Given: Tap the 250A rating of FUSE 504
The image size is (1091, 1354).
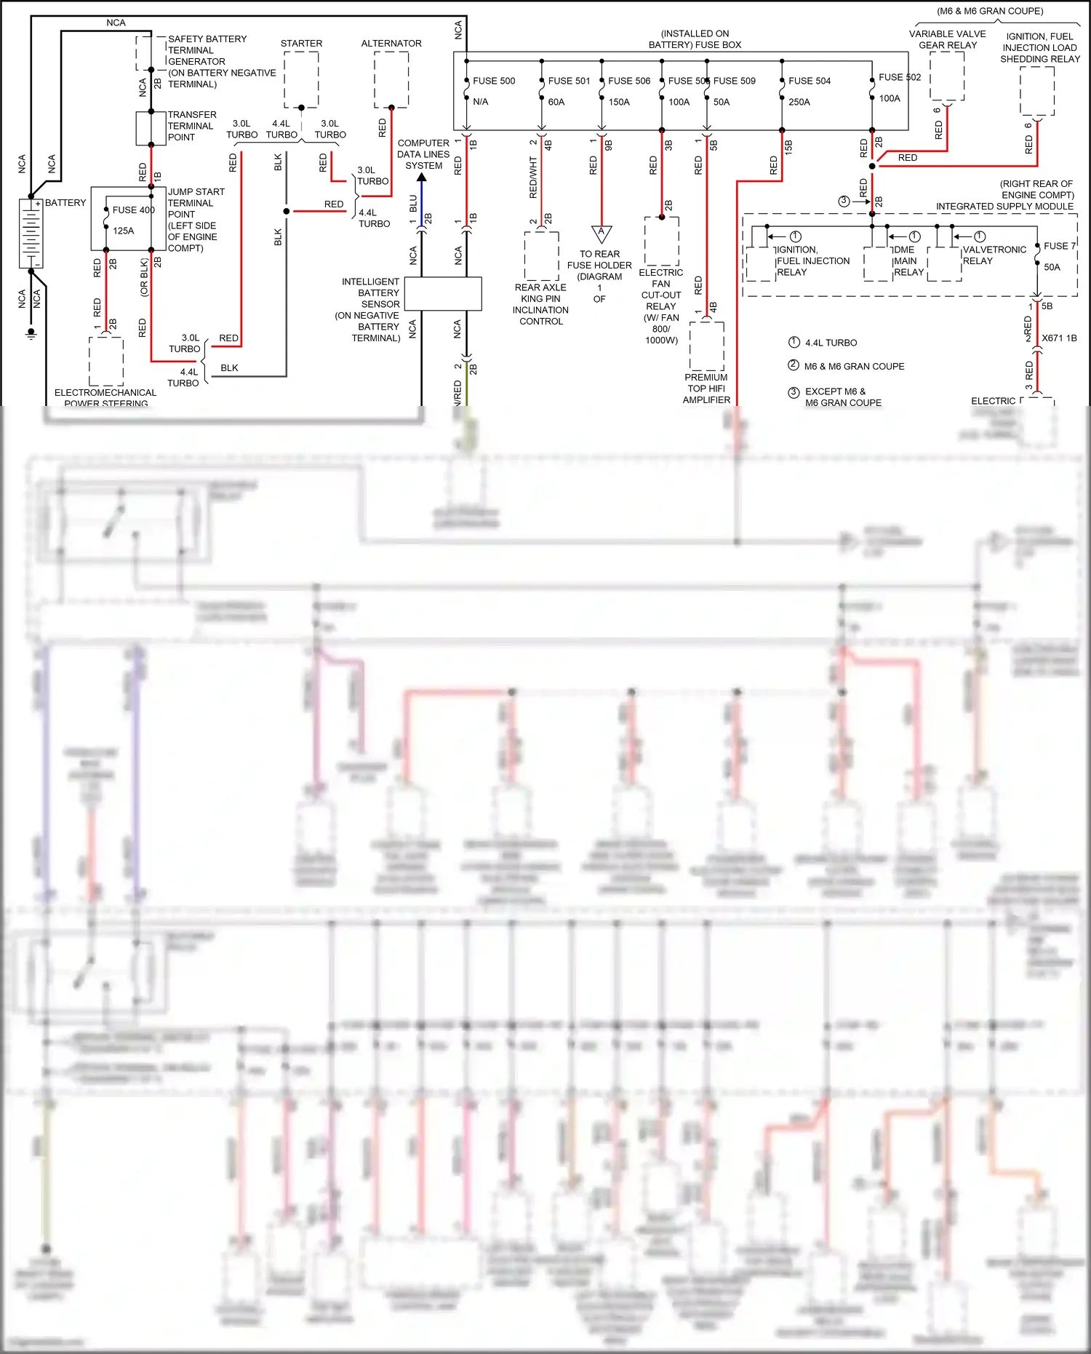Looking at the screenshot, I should pos(799,102).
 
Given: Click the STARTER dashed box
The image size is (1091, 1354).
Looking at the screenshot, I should pos(301,79).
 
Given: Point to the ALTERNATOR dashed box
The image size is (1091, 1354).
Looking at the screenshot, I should pos(391,79).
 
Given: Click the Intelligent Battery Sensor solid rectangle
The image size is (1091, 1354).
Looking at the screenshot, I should pos(443,294).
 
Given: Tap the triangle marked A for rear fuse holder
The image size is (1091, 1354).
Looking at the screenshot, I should pos(601,234).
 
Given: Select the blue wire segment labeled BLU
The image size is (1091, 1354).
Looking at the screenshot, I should pos(421,203).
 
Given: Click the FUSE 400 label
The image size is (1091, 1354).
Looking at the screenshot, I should pos(133,210).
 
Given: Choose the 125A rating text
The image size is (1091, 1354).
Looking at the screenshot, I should pos(123,231).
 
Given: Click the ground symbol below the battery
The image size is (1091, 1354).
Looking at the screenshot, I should pos(31,334).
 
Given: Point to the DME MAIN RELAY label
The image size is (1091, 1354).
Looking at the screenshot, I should pos(908,261).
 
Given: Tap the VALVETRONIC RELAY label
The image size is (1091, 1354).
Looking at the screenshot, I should pos(994,255).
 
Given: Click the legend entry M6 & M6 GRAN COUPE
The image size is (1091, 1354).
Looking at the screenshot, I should pos(854,367).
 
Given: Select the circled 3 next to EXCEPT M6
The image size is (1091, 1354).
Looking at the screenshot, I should pos(794,392).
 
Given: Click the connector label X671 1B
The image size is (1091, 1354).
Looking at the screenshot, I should pos(1058,338).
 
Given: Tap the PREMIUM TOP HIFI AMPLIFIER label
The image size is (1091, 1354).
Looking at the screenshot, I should pos(706,389).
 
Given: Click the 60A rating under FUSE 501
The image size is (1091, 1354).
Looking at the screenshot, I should pos(556,102).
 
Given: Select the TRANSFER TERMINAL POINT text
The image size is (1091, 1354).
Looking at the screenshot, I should pos(191,126).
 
